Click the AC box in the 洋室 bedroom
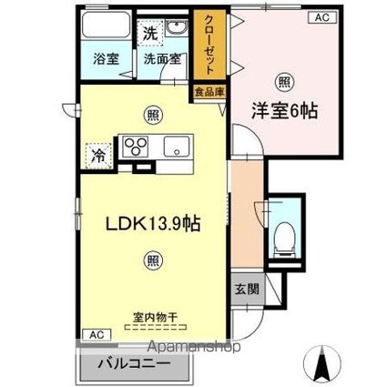322,17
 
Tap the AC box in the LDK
97,335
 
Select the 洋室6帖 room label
284,111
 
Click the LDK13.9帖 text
153,223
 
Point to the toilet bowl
285,237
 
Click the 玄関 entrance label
247,289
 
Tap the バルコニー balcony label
134,363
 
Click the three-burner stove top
135,147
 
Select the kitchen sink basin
177,147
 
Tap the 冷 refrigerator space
99,156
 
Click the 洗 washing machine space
150,33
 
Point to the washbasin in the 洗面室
178,28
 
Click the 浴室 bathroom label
106,58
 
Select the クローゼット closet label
209,45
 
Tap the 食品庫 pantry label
209,91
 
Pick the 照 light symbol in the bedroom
284,81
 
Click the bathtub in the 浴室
106,25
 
